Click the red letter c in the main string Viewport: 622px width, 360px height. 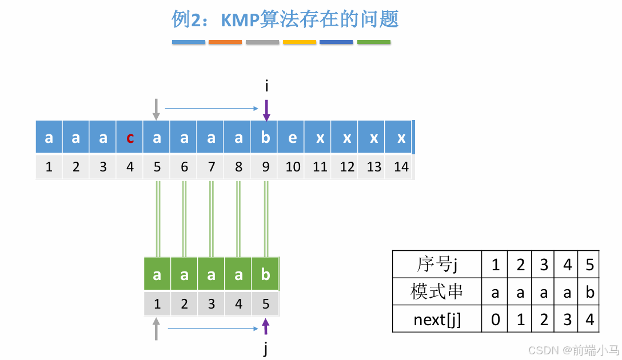point(130,138)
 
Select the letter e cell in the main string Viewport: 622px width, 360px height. point(292,138)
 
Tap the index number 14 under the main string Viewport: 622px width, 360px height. point(401,167)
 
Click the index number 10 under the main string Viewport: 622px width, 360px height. point(293,167)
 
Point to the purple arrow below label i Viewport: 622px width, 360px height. point(266,110)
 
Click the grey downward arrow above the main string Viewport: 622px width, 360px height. point(156,109)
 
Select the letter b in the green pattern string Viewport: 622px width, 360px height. point(265,274)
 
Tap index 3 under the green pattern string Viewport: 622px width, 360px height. point(211,303)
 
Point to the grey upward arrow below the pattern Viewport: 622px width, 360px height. point(156,330)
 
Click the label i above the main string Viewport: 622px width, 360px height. point(266,86)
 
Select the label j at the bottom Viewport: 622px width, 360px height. point(266,349)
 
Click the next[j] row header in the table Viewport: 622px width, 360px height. point(437,319)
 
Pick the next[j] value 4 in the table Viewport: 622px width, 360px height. point(589,319)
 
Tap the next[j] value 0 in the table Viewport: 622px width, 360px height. point(495,319)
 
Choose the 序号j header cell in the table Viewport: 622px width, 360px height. point(437,265)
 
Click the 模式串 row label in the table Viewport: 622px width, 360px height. point(437,292)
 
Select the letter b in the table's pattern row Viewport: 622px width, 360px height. point(589,293)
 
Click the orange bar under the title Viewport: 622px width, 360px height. point(225,42)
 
